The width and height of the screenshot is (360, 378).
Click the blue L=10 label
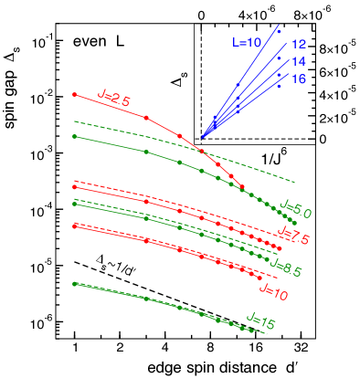tap(247, 41)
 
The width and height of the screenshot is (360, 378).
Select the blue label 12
tap(299, 44)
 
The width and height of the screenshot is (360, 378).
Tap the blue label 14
tap(299, 61)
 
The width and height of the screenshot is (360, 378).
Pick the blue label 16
tap(299, 79)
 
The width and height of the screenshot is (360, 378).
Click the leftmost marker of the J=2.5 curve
tap(74, 94)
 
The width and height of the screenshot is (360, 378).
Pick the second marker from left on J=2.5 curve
tap(146, 118)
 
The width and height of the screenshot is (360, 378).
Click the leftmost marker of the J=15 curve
tap(74, 284)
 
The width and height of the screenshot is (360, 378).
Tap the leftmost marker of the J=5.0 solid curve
tap(74, 136)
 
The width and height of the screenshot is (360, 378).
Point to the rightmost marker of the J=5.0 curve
tap(295, 223)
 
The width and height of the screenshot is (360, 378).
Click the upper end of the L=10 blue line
tap(278, 26)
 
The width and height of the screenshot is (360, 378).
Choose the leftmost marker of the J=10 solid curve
tap(74, 226)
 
